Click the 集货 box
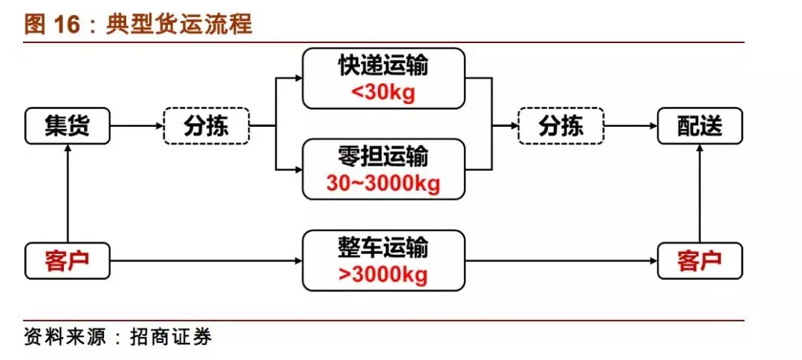pyautogui.click(x=68, y=126)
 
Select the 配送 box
pyautogui.click(x=700, y=126)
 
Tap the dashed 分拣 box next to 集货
pyautogui.click(x=206, y=126)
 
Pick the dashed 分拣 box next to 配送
pyautogui.click(x=561, y=126)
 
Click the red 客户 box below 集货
pyautogui.click(x=68, y=261)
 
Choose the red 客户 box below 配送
pyautogui.click(x=700, y=261)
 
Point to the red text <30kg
pyautogui.click(x=383, y=94)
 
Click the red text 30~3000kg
pyautogui.click(x=383, y=183)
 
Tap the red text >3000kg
pyautogui.click(x=383, y=275)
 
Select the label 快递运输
pyautogui.click(x=383, y=67)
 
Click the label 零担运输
pyautogui.click(x=383, y=157)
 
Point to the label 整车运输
pyautogui.click(x=383, y=248)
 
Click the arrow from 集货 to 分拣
pyautogui.click(x=137, y=126)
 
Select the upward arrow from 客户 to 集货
pyautogui.click(x=68, y=193)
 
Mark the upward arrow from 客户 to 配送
pyautogui.click(x=700, y=193)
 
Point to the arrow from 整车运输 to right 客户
pyautogui.click(x=561, y=261)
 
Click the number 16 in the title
pyautogui.click(x=65, y=24)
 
